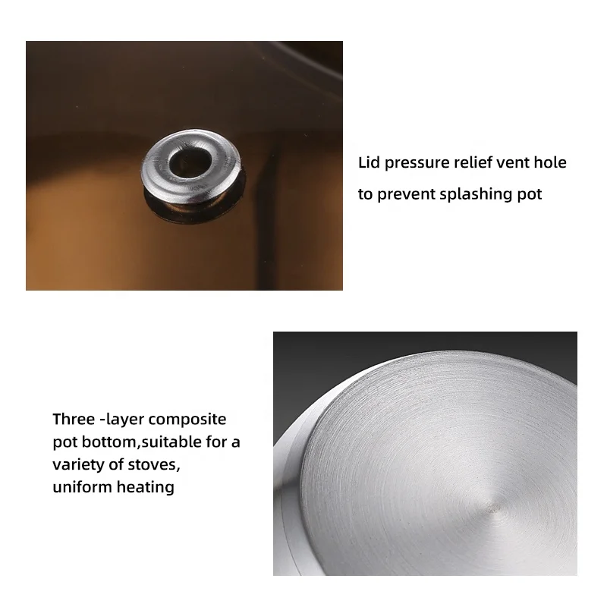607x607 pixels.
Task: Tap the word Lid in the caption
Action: [x=370, y=163]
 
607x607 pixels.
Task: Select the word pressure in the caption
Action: [x=417, y=163]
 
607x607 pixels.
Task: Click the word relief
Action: [x=474, y=163]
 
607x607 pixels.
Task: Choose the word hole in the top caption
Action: [x=552, y=163]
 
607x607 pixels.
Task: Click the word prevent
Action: [x=407, y=194]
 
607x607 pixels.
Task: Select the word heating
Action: [x=145, y=487]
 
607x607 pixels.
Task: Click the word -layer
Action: [x=121, y=420]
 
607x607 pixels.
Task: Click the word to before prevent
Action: [x=365, y=194]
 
